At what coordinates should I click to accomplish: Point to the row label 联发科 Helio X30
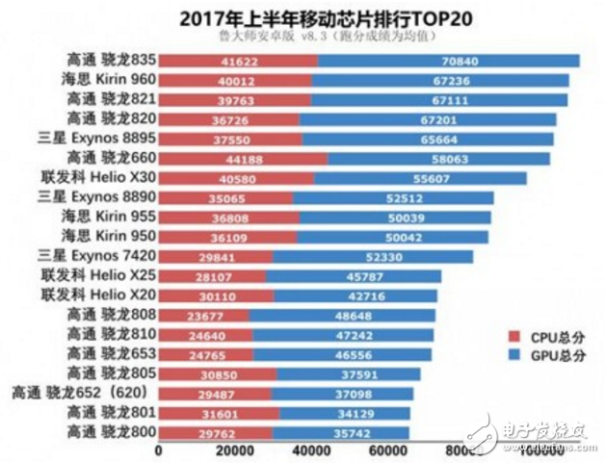[106, 178]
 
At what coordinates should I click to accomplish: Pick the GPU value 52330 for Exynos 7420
[382, 256]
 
